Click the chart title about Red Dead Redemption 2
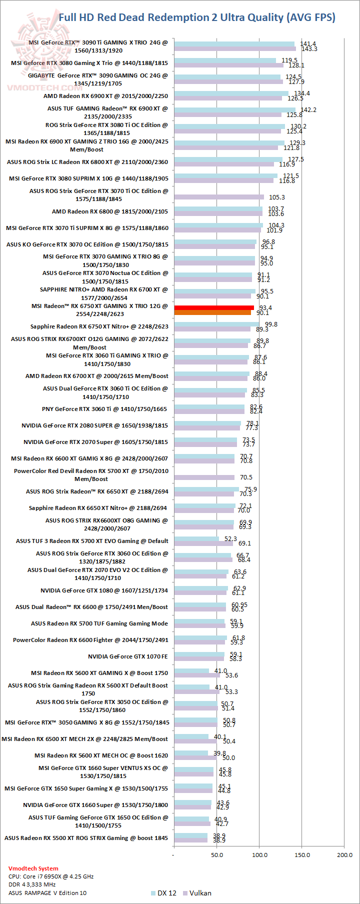click(x=197, y=17)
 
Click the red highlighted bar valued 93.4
click(x=214, y=308)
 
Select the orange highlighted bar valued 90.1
click(x=212, y=313)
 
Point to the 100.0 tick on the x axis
click(x=259, y=854)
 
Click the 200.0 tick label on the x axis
click(x=344, y=854)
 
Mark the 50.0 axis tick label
click(x=217, y=854)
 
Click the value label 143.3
click(x=309, y=49)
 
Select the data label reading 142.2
click(x=308, y=110)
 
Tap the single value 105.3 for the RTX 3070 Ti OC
click(x=277, y=197)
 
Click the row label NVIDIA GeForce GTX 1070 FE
click(x=128, y=656)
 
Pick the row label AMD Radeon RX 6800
click(x=110, y=211)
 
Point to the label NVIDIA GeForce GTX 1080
click(x=104, y=590)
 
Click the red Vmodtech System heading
click(x=33, y=868)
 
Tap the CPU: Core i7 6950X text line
click(x=51, y=876)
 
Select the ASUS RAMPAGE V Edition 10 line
click(x=47, y=892)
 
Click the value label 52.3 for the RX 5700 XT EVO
click(x=230, y=539)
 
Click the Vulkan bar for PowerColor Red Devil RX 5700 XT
click(x=204, y=477)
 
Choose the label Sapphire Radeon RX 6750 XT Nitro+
click(x=99, y=326)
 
